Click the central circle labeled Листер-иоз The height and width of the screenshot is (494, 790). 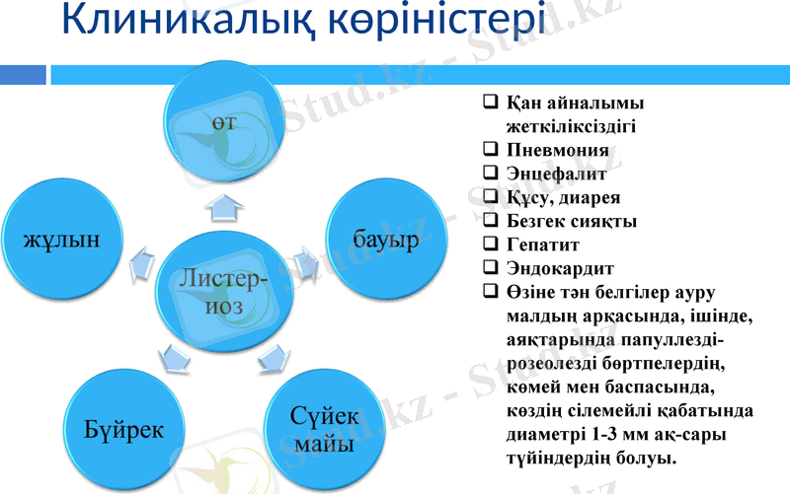click(x=225, y=293)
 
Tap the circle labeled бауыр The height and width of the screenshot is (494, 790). click(x=384, y=239)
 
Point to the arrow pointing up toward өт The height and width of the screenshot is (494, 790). click(x=225, y=206)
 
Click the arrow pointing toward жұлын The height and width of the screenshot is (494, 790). click(x=140, y=260)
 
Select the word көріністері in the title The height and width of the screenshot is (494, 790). click(x=434, y=22)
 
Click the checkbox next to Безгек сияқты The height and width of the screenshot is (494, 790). click(x=490, y=220)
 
